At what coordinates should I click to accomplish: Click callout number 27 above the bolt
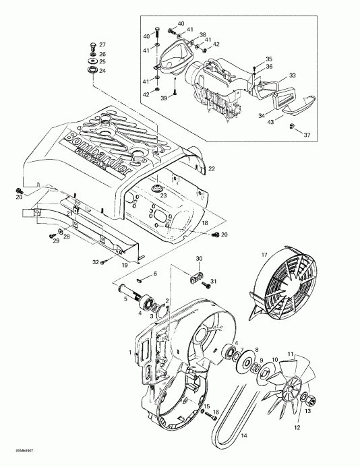coord(103,44)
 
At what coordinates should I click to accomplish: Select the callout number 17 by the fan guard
coord(265,254)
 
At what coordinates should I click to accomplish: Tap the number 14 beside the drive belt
coord(244,436)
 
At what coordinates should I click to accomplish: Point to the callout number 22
coord(212,168)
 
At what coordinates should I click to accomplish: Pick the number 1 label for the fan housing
coord(131,352)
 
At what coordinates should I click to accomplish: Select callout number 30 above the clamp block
coord(199,258)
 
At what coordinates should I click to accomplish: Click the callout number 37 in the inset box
coord(307,135)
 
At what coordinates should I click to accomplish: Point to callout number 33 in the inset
coord(292,75)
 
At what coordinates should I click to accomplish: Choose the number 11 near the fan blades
coord(291,353)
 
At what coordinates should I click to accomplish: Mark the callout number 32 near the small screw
coord(96,261)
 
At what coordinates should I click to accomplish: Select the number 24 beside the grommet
coord(103,69)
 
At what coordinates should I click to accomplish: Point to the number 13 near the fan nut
coord(309,411)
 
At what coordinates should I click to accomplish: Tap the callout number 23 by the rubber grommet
coord(163,196)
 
